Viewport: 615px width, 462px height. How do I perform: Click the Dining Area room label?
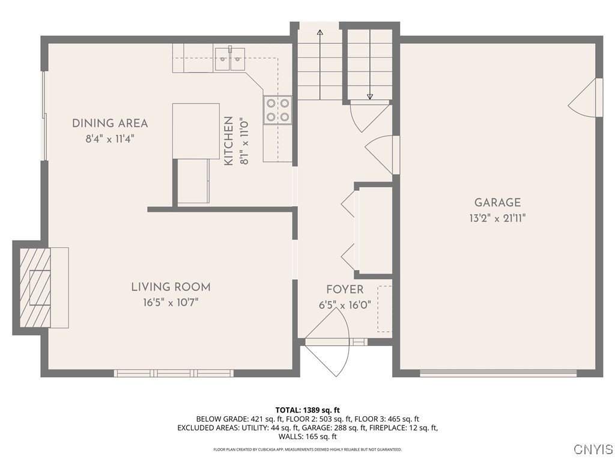click(110, 123)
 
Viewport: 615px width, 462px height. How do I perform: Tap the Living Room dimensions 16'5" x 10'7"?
click(171, 302)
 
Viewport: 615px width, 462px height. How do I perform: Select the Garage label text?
click(497, 203)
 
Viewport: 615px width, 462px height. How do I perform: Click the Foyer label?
click(345, 290)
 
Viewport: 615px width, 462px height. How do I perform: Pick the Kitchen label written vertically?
click(228, 141)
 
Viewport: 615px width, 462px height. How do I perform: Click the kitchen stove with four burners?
click(277, 109)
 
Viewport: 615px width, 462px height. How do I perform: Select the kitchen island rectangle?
click(196, 131)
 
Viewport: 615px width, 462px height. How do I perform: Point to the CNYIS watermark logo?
click(593, 449)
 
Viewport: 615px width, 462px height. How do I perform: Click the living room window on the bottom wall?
click(174, 373)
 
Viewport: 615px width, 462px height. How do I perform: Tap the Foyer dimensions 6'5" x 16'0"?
click(345, 305)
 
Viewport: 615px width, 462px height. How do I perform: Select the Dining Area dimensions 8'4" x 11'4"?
click(110, 138)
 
